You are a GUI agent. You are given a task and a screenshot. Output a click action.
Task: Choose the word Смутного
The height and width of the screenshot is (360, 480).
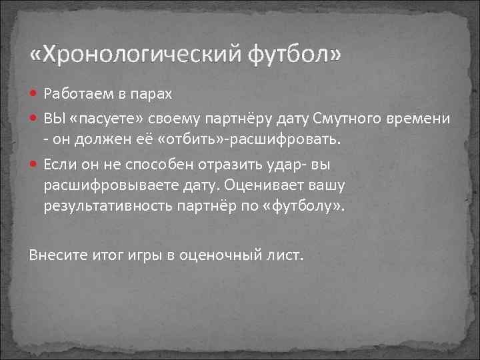[x=347, y=119]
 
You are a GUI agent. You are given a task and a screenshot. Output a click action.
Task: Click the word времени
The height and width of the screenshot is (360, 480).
[x=418, y=119]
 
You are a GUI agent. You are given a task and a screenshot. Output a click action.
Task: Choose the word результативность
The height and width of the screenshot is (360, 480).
[x=106, y=206]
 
